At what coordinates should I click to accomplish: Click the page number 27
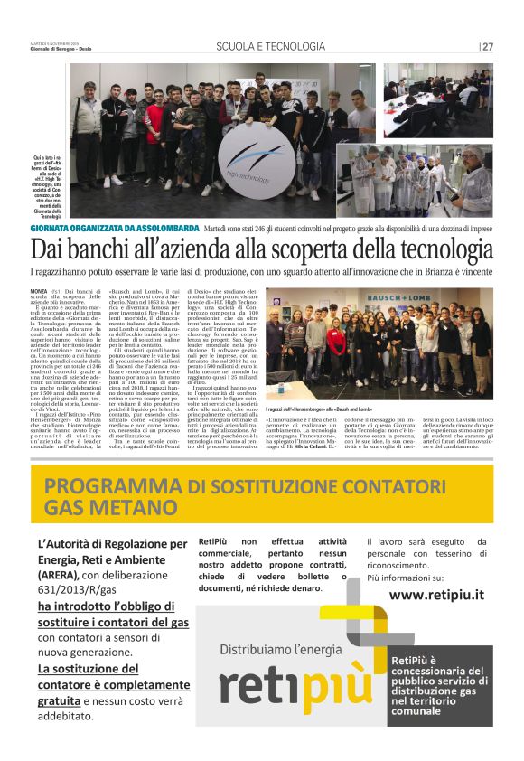[x=486, y=47]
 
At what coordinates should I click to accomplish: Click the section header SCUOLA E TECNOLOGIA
[x=270, y=47]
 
